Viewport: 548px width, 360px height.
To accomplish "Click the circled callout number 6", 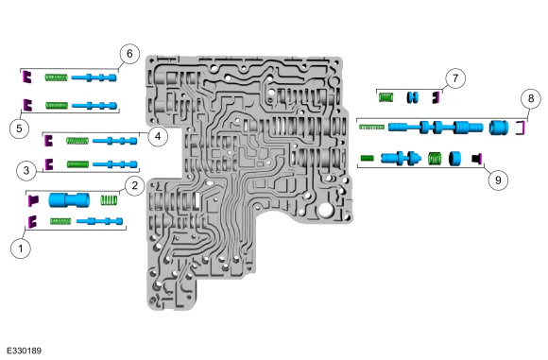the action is pyautogui.click(x=129, y=54).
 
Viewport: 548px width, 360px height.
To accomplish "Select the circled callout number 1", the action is pyautogui.click(x=21, y=249).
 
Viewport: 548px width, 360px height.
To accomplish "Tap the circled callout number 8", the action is pyautogui.click(x=531, y=99).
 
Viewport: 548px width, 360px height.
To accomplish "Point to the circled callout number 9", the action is pyautogui.click(x=498, y=180).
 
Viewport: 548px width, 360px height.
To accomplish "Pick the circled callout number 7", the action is pyautogui.click(x=455, y=78).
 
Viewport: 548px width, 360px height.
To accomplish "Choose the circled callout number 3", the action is pyautogui.click(x=26, y=171).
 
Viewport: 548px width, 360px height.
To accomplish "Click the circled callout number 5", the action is pyautogui.click(x=19, y=129).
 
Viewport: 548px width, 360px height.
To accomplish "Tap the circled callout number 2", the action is pyautogui.click(x=134, y=185).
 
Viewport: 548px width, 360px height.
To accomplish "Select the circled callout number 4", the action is pyautogui.click(x=158, y=136).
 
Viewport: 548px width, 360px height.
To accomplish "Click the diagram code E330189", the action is pyautogui.click(x=25, y=351).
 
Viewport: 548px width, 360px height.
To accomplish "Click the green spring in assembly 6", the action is pyautogui.click(x=56, y=77).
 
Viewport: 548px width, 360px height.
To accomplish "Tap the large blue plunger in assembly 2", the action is pyautogui.click(x=69, y=200).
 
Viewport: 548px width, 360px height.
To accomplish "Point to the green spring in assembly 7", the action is pyautogui.click(x=386, y=97).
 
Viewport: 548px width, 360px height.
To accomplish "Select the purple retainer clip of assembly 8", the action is pyautogui.click(x=522, y=128).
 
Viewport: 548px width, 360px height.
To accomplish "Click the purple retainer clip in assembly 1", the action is pyautogui.click(x=32, y=222).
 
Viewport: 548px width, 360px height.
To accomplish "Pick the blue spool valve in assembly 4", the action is pyautogui.click(x=115, y=141).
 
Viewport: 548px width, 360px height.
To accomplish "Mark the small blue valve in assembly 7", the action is pyautogui.click(x=412, y=96).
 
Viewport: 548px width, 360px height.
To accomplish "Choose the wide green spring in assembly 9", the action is pyautogui.click(x=435, y=159).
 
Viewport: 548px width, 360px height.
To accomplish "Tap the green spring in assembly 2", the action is pyautogui.click(x=109, y=200).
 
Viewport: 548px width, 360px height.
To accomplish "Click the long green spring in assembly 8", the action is pyautogui.click(x=372, y=127).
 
